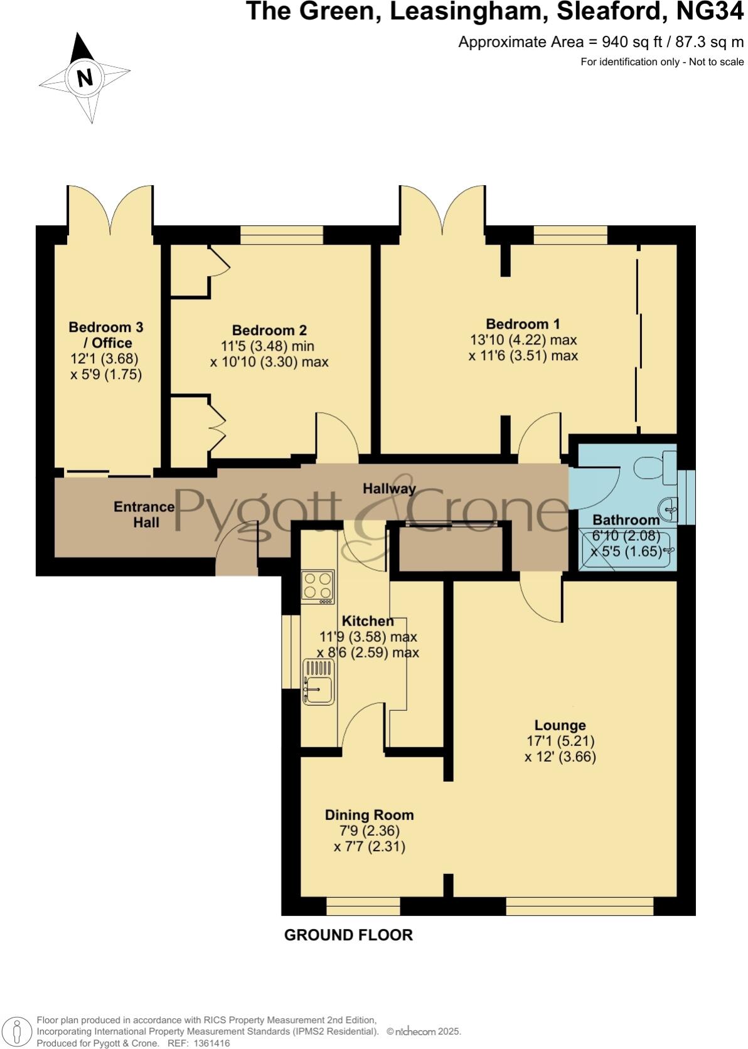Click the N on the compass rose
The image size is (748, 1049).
tap(85, 78)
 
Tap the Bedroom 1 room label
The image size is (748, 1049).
tap(523, 324)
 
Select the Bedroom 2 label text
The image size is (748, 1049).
tap(269, 330)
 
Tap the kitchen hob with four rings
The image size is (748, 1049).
tap(317, 586)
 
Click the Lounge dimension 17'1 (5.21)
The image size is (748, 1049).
tap(560, 741)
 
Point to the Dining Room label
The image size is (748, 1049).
tap(369, 815)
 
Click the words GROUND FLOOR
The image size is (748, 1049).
tap(348, 935)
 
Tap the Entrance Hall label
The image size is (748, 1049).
tap(144, 514)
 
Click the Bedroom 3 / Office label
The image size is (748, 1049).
tap(105, 334)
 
